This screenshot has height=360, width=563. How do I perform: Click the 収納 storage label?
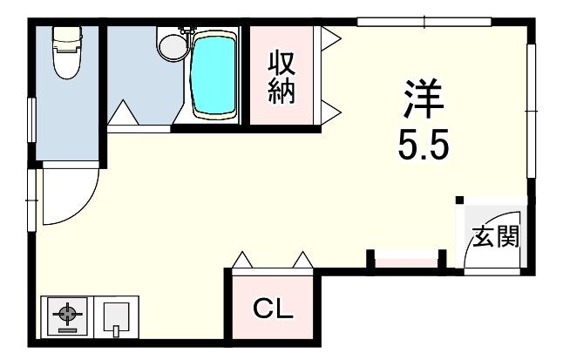point(281,78)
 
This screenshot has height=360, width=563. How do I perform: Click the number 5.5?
point(424,145)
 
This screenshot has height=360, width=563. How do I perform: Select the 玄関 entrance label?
point(496,235)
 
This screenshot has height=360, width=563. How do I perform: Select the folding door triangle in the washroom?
point(122,114)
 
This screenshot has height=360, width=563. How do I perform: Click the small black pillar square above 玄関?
point(460,200)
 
